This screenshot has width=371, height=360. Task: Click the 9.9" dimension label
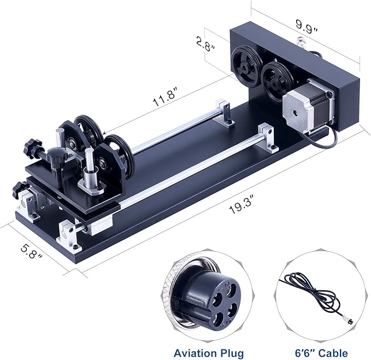(x=307, y=24)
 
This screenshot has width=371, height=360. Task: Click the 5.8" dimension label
(x=29, y=249)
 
